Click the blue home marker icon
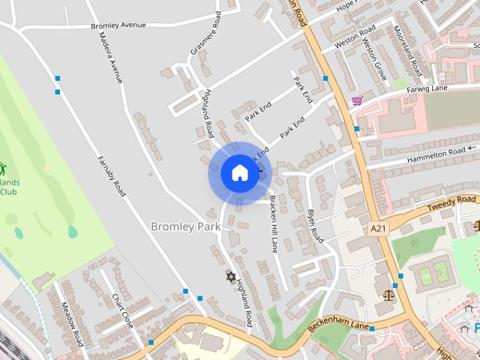[239, 173]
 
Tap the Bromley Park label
[185, 226]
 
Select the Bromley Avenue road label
[118, 25]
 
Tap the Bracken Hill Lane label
[274, 223]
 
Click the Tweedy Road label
[451, 200]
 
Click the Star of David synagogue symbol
[231, 277]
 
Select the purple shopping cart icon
[357, 100]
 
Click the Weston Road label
[355, 36]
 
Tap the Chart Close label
[122, 311]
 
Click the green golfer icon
[2, 168]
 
